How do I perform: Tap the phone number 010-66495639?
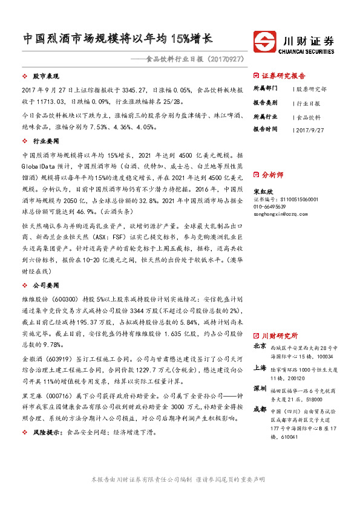[x=269, y=206]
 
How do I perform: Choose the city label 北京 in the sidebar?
[x=259, y=346]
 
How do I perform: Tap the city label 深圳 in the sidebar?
[x=259, y=387]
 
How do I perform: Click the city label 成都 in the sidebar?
[x=259, y=409]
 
